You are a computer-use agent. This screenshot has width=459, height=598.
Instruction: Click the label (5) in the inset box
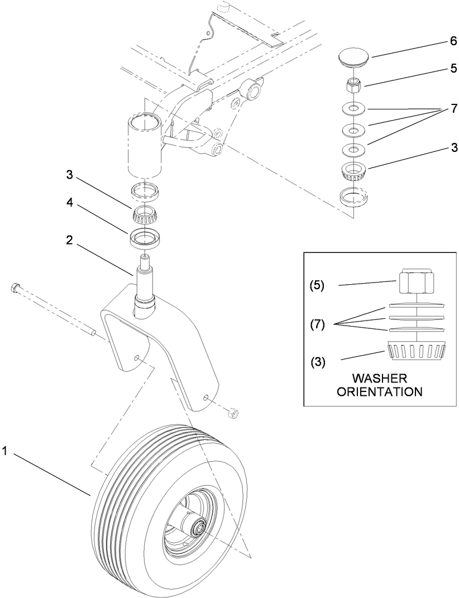(x=317, y=285)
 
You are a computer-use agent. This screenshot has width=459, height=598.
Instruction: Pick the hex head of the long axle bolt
(x=15, y=289)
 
